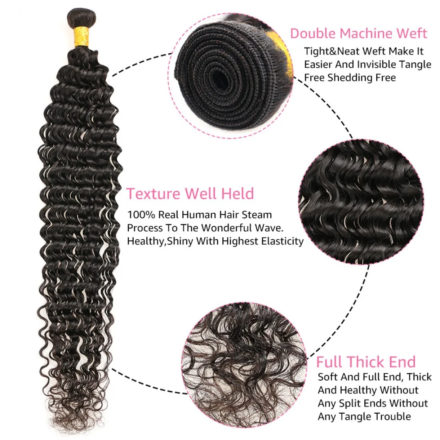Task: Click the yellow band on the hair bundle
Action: tap(82, 37)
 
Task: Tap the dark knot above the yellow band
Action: tap(82, 18)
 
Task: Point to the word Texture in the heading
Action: tap(153, 194)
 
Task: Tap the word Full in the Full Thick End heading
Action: tap(330, 362)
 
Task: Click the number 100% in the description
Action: tap(141, 215)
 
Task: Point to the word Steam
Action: tap(257, 215)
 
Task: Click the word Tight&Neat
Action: tap(331, 52)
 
